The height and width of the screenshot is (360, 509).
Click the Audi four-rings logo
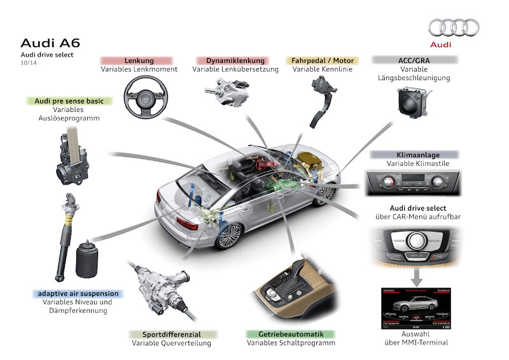pyautogui.click(x=454, y=27)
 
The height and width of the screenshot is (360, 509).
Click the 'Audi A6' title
pyautogui.click(x=50, y=43)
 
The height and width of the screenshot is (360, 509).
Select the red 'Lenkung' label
pyautogui.click(x=139, y=60)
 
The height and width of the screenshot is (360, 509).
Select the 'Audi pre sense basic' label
pyautogui.click(x=69, y=100)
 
